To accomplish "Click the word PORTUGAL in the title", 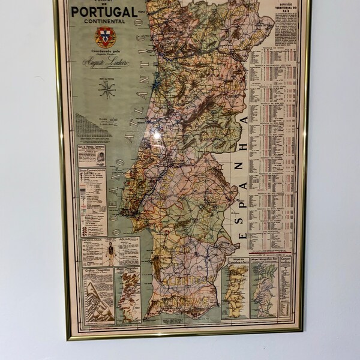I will pos(104,12).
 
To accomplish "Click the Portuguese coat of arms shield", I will pos(106,37).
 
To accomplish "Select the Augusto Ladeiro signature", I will pos(106,63).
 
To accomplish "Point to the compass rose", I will pos(107,89).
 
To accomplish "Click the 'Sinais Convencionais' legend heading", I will pos(93,171).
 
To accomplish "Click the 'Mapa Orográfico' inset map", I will pos(127,295).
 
